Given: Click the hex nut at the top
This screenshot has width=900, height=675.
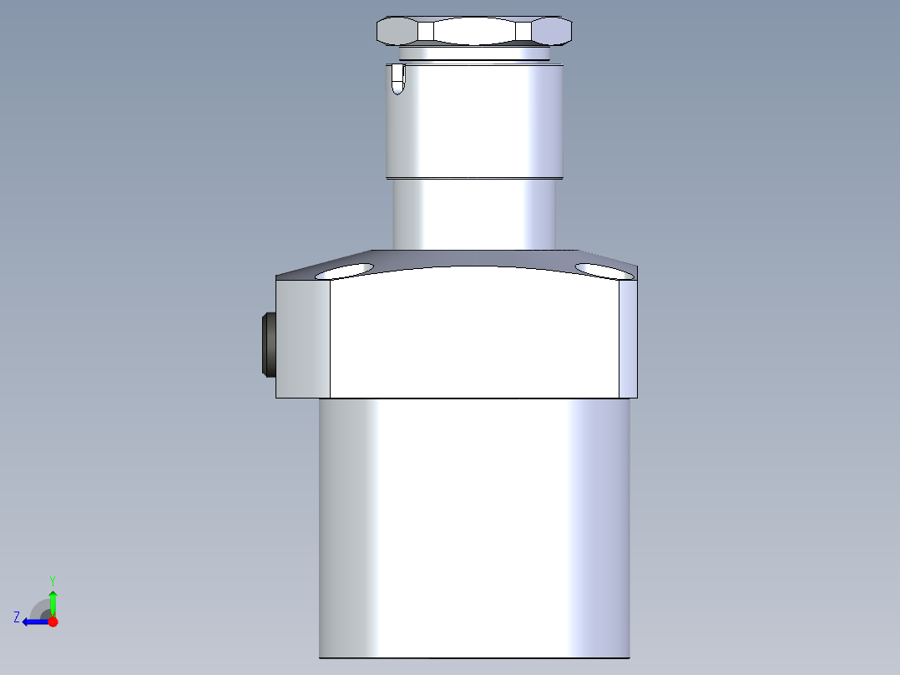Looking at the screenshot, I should tap(474, 31).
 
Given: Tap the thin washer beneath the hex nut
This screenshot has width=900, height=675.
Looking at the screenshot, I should tap(474, 53).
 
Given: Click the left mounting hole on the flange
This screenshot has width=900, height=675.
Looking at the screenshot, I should tap(344, 271).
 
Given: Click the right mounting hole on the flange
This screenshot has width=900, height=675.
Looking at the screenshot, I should tap(604, 271).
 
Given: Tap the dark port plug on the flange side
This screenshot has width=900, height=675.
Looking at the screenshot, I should tap(269, 344).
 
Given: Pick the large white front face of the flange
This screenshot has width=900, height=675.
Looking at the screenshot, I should tap(474, 334).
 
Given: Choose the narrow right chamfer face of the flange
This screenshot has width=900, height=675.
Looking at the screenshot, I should tap(628, 338).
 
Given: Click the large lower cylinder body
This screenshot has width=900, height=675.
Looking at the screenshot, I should tap(474, 526).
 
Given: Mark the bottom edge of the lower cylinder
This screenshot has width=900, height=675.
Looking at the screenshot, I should tap(474, 657).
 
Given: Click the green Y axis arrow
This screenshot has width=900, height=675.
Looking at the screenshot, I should tap(53, 601).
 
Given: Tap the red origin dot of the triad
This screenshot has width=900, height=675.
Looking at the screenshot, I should tap(53, 622).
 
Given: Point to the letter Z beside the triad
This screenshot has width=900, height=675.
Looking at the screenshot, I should tap(17, 617).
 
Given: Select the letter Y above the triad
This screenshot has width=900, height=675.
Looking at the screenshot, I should tap(52, 580).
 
